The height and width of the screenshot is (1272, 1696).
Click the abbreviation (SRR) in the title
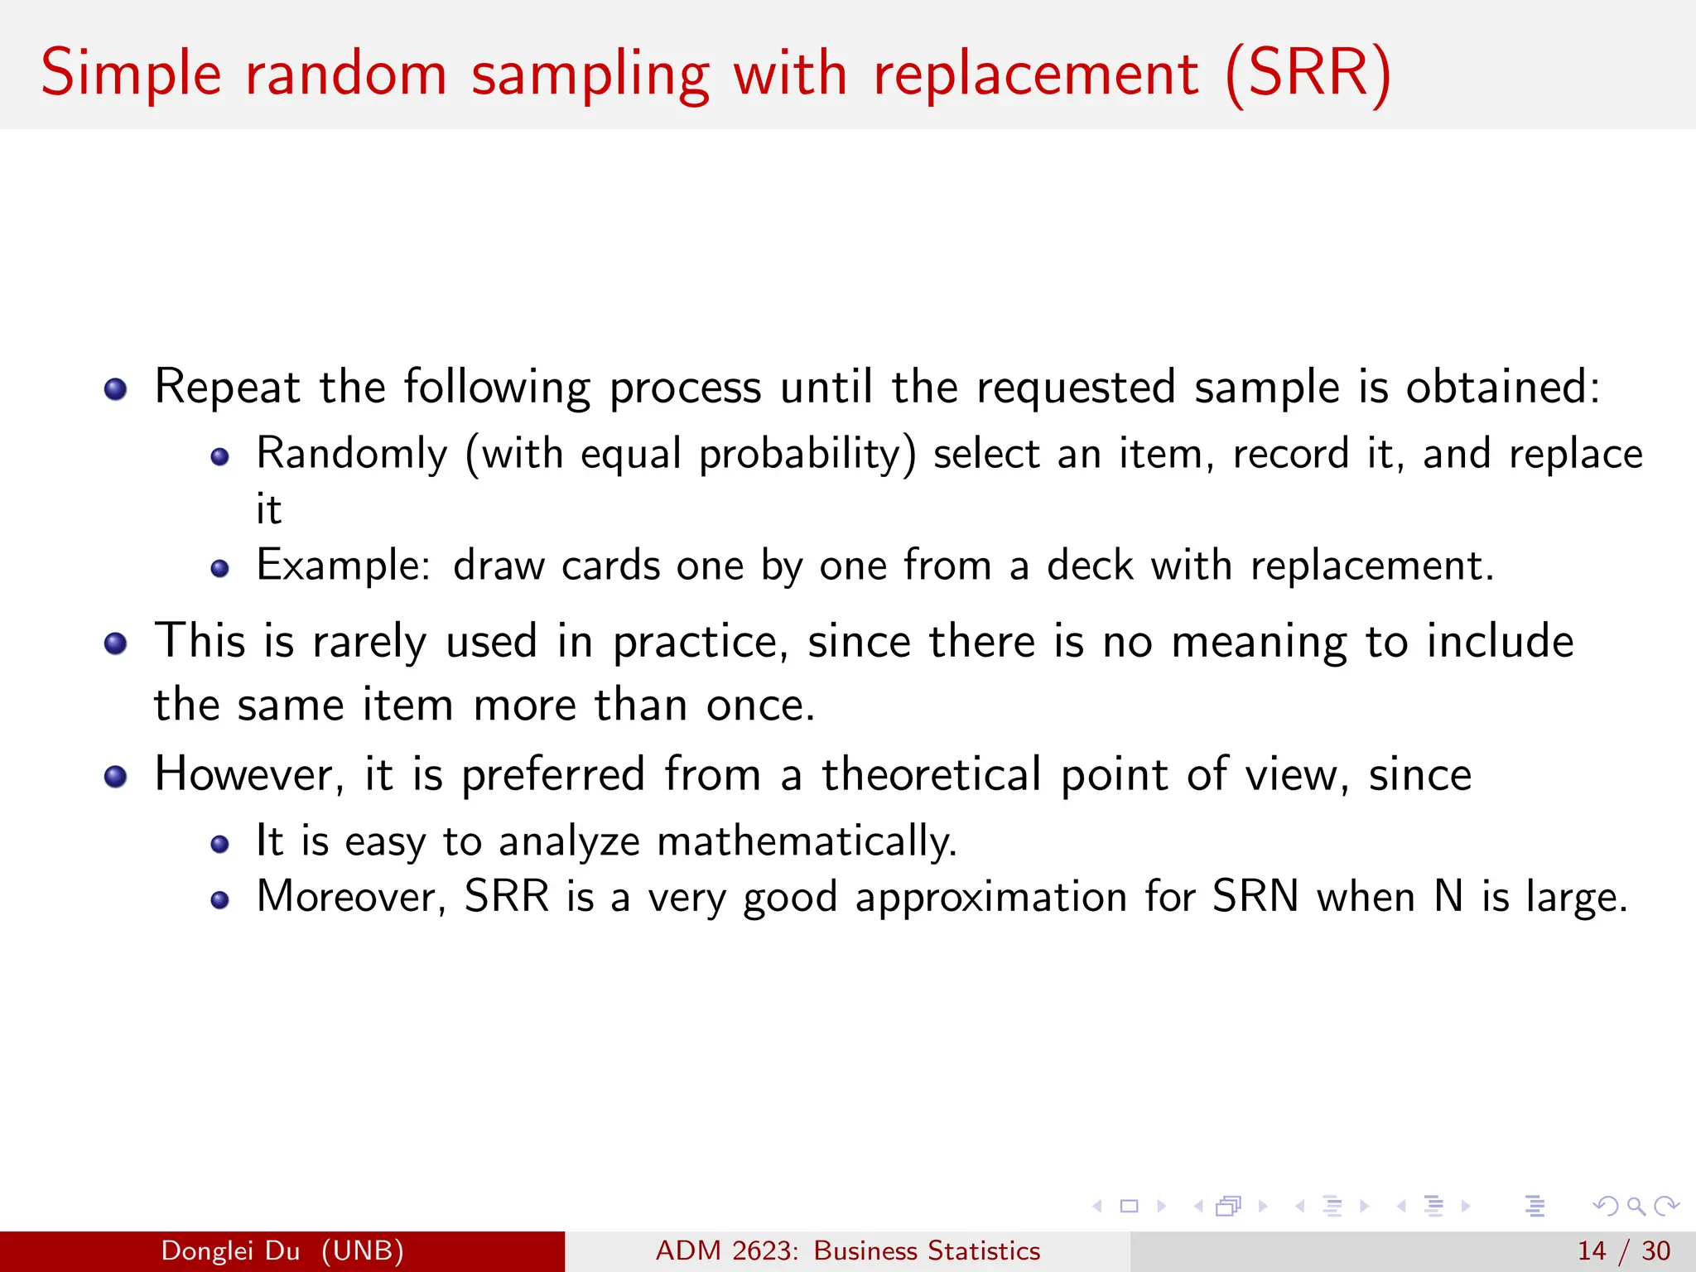(x=1308, y=75)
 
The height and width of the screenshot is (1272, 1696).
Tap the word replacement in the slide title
(x=1035, y=75)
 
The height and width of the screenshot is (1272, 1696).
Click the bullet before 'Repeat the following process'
(x=116, y=389)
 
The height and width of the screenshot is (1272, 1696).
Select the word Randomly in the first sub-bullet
(x=352, y=455)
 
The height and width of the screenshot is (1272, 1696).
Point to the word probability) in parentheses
(x=807, y=455)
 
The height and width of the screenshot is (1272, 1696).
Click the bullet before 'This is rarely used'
(x=116, y=643)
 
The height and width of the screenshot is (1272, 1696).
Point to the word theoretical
(x=932, y=776)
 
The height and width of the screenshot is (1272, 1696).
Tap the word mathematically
(x=807, y=842)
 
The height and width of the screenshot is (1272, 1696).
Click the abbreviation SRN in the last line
(x=1255, y=898)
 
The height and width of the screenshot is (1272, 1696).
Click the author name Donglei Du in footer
(x=230, y=1250)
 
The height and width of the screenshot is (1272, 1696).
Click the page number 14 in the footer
(x=1592, y=1250)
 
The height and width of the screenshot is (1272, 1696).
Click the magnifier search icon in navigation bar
(x=1636, y=1206)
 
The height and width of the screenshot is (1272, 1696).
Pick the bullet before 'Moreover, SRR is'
(x=219, y=900)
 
